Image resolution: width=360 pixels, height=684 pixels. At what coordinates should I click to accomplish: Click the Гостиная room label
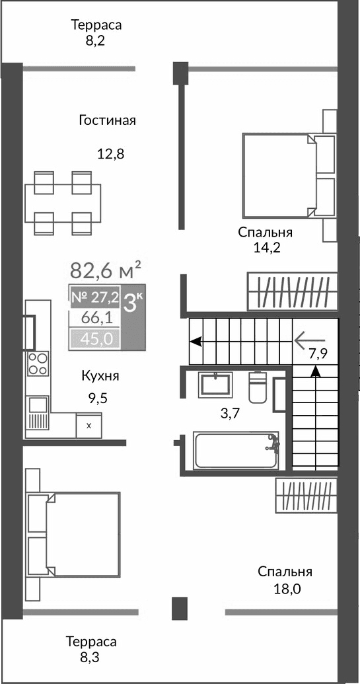coord(107,120)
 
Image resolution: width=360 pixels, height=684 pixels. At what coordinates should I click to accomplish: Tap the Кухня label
coord(100,376)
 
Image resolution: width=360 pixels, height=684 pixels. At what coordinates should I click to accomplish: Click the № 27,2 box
coord(94,298)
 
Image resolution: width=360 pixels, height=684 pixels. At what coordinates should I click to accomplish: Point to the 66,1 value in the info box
coord(96,318)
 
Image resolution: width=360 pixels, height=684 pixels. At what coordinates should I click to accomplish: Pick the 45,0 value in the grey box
coord(96,339)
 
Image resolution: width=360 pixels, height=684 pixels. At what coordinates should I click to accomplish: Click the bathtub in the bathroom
coord(235,450)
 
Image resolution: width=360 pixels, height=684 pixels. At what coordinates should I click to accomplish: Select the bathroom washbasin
coord(215,383)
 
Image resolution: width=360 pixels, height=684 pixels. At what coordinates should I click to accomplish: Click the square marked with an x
coord(89,425)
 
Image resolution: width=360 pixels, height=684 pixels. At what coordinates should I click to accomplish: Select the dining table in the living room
coord(63,203)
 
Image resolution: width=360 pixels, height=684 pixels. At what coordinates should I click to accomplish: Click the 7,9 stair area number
coord(318,352)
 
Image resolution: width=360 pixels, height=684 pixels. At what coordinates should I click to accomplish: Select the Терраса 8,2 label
coord(97,32)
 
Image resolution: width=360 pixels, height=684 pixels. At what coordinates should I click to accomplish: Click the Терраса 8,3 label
coord(91,649)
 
